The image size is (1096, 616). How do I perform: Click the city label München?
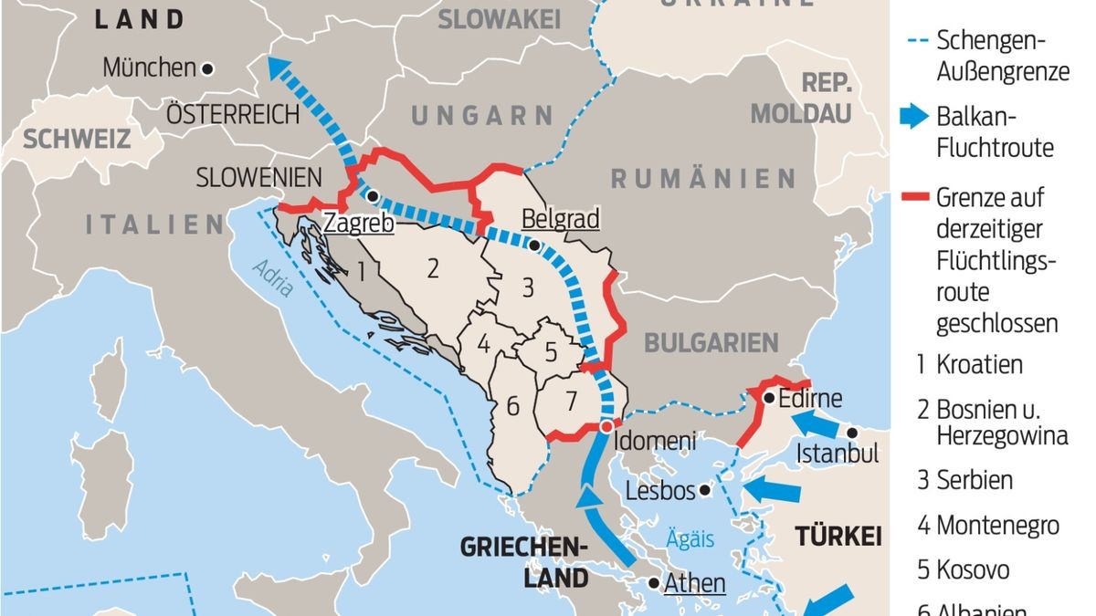[x=149, y=68]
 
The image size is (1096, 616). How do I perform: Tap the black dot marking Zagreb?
[x=373, y=194]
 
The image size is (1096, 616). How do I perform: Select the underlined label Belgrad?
[x=559, y=219]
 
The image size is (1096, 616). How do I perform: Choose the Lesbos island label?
[x=659, y=491]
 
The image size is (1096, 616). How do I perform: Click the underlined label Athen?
[x=695, y=582]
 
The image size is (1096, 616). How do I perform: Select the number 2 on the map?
[x=433, y=267]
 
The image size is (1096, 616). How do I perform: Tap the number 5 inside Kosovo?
[x=551, y=351]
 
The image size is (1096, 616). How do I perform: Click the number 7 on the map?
[x=572, y=399]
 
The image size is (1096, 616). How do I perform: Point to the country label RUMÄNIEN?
[x=703, y=178]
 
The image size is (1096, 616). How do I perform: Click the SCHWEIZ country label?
[x=78, y=139]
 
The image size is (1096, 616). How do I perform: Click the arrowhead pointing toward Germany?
[x=275, y=66]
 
